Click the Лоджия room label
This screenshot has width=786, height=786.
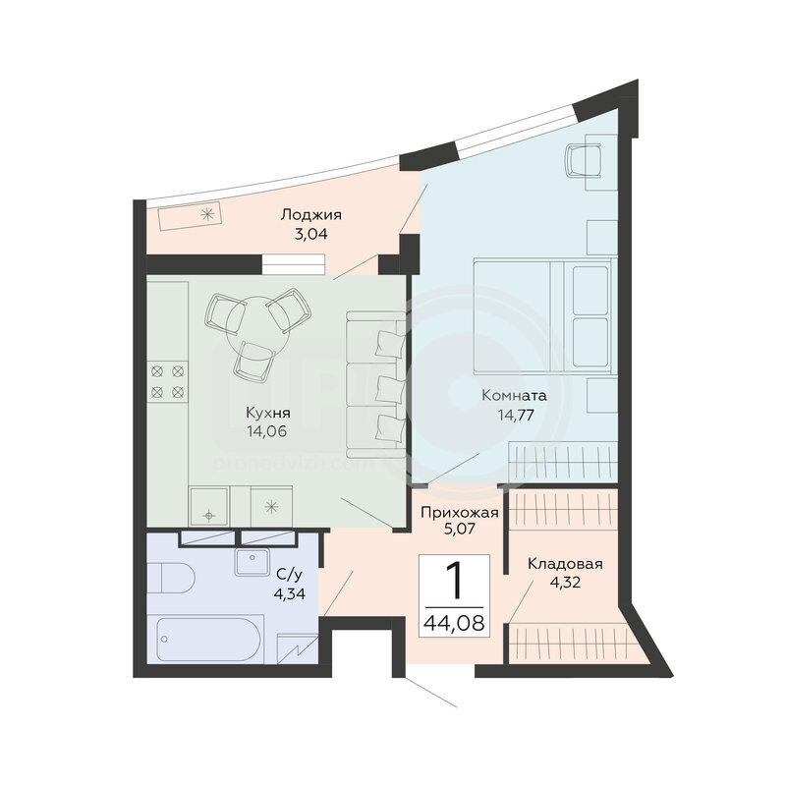click(x=310, y=215)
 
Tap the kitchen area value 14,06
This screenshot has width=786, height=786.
click(x=266, y=431)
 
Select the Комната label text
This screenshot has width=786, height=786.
click(x=514, y=396)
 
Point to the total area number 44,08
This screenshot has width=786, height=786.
click(x=454, y=623)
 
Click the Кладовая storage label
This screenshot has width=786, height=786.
click(x=565, y=564)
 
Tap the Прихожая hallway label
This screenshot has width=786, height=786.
click(x=460, y=513)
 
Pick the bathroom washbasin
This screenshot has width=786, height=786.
click(x=253, y=562)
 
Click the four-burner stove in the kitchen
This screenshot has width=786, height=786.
click(x=168, y=381)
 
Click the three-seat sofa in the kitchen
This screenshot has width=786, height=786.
click(x=375, y=384)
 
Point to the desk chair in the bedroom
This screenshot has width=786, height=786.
click(x=583, y=160)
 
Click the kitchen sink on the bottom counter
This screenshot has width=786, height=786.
click(x=209, y=506)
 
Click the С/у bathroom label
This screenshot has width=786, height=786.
click(x=289, y=575)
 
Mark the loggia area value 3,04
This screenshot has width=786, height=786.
click(x=310, y=234)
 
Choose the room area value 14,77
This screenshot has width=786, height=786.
click(x=515, y=415)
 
